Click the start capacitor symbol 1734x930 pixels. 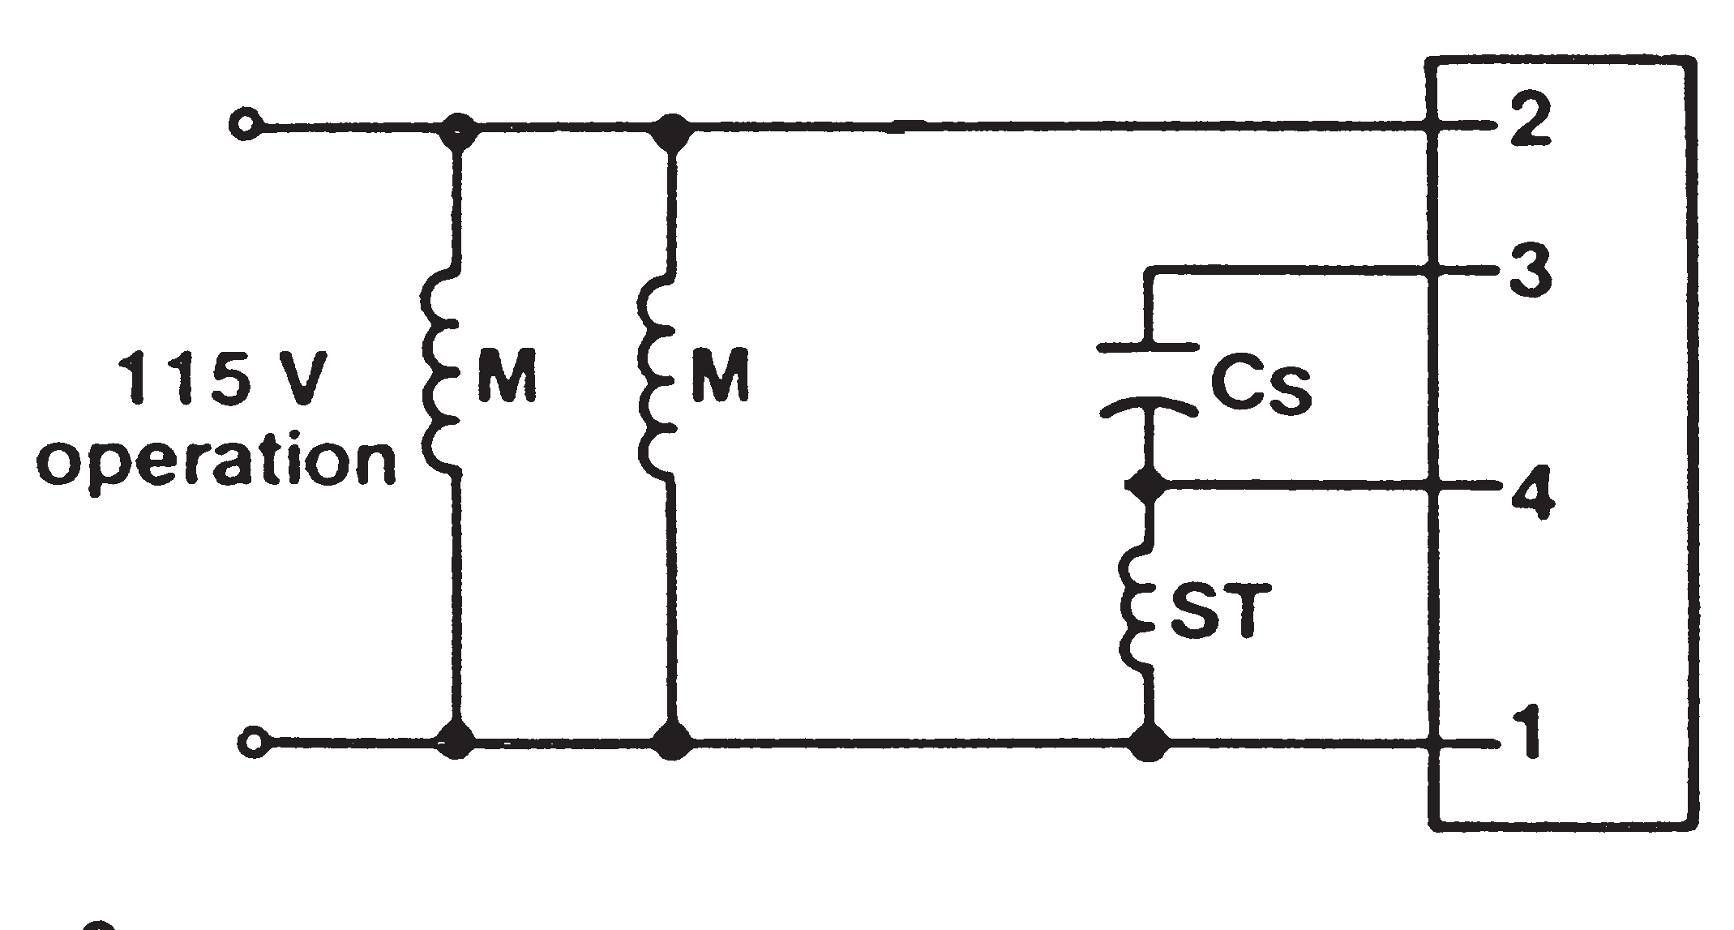coord(1147,379)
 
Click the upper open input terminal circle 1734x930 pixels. coord(243,126)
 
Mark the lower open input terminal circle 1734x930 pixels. coord(253,741)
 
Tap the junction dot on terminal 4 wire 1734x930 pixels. coord(1145,486)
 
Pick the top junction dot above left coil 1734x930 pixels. coord(460,128)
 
